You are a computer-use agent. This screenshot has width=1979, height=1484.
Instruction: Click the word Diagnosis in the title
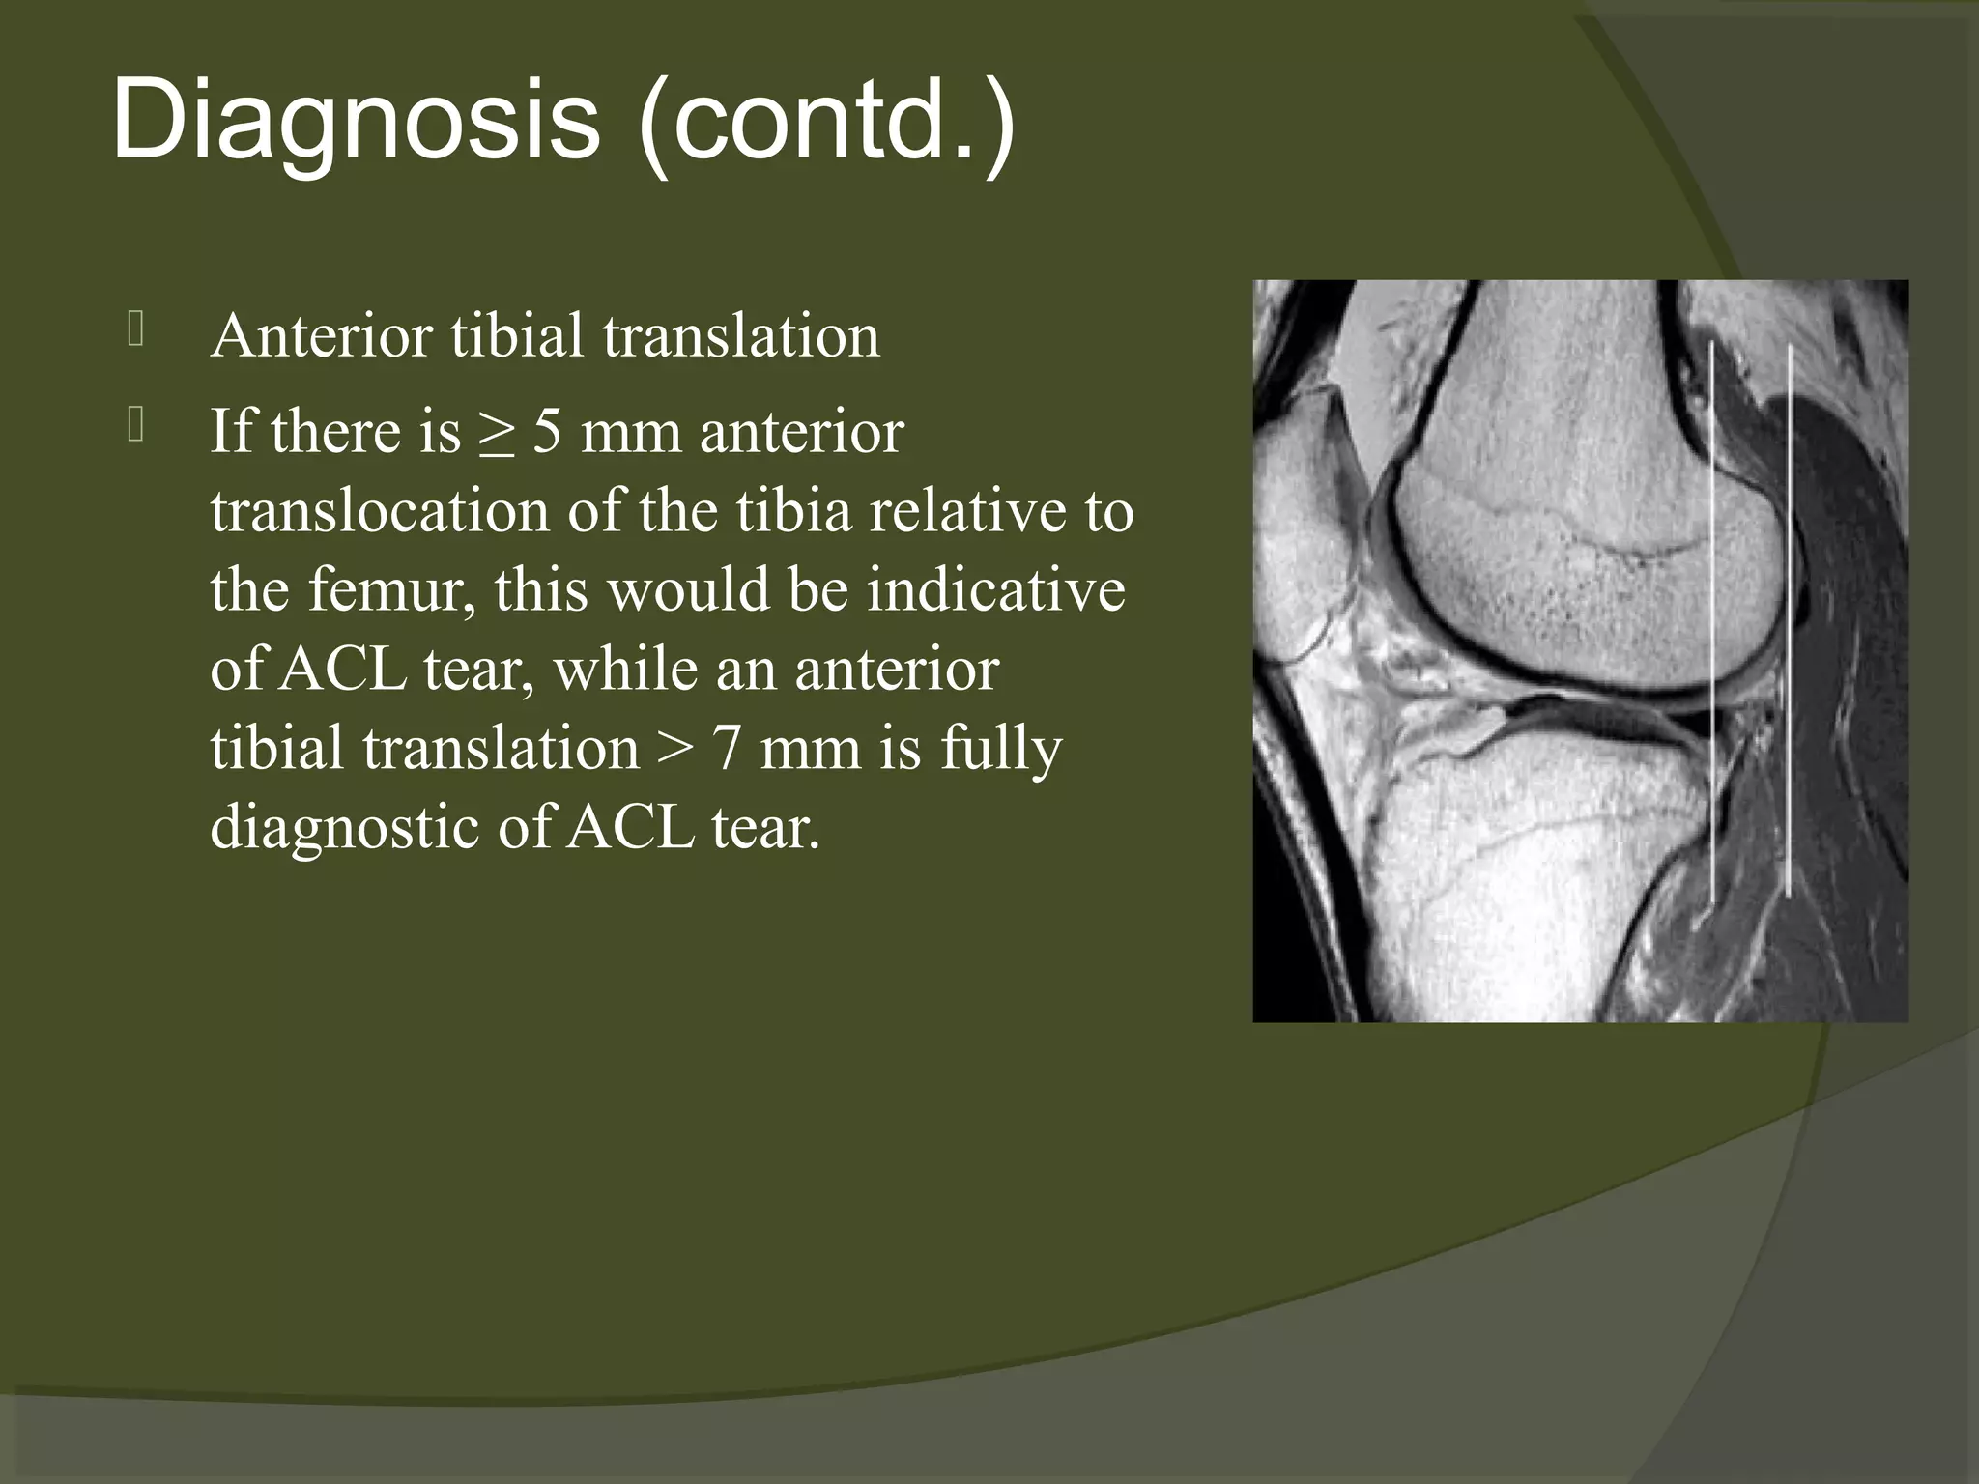tap(355, 122)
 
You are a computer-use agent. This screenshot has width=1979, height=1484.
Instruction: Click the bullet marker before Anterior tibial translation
tap(135, 330)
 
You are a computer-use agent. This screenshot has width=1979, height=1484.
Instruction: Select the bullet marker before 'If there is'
tap(135, 425)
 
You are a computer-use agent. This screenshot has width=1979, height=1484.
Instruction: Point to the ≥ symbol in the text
tap(497, 433)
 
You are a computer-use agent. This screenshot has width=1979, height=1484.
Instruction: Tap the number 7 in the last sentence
tap(727, 748)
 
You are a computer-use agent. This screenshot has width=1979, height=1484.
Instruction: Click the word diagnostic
tap(344, 827)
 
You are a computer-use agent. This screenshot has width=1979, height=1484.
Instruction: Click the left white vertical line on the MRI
tap(1712, 618)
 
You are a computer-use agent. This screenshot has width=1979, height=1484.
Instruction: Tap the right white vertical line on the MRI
tap(1790, 618)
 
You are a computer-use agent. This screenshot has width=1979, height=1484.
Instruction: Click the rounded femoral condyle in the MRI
tap(1585, 580)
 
